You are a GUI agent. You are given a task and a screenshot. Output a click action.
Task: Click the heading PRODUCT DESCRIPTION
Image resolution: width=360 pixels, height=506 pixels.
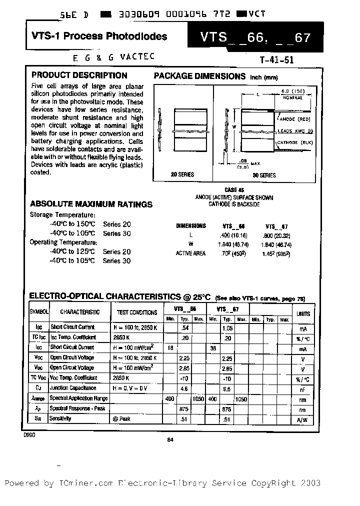79,75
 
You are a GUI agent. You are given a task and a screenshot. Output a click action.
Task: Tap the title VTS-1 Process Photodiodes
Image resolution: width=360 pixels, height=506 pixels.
99,36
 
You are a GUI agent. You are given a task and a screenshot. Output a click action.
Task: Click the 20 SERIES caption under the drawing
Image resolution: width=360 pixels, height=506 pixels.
182,174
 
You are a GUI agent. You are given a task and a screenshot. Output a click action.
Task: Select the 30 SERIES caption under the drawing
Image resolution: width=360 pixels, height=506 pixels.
263,175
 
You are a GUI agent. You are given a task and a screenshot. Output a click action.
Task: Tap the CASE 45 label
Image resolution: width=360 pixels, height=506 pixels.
234,190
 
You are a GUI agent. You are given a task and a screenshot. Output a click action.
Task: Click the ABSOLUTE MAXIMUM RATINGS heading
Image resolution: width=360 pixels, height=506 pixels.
91,204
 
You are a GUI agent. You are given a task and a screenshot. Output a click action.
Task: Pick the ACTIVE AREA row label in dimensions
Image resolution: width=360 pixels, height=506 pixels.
190,253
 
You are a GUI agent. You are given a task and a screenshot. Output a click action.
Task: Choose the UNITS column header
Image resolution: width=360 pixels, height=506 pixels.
303,313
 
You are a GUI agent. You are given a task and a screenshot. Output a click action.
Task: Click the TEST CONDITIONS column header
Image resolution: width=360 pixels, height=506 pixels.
136,312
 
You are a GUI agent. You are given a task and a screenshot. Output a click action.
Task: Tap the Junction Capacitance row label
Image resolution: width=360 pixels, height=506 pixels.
73,388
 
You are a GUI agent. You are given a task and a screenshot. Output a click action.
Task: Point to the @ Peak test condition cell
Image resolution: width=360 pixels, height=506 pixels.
121,419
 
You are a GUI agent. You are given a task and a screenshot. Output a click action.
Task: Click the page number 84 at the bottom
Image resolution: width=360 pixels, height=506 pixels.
170,440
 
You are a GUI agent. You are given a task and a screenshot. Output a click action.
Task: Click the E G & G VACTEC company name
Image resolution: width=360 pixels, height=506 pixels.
106,57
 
